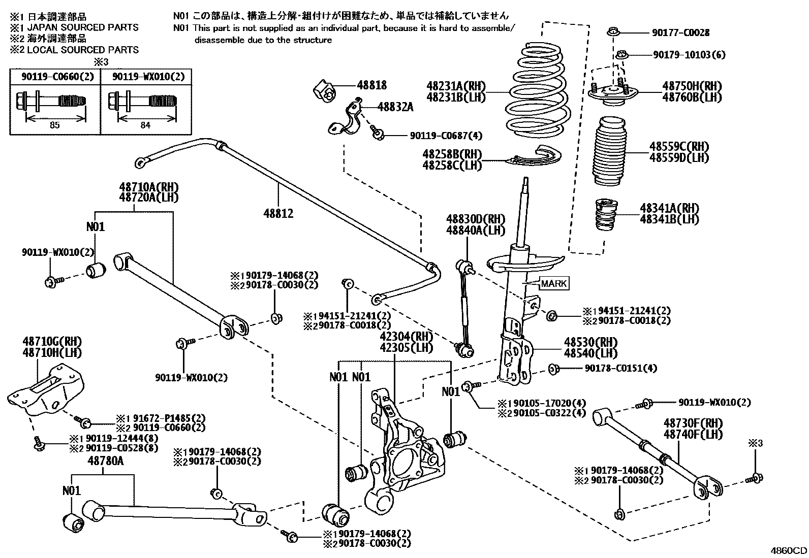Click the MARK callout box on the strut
click(554, 284)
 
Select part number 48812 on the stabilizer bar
click(278, 214)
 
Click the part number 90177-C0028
click(680, 33)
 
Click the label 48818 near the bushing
click(371, 85)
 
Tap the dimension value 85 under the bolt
click(54, 125)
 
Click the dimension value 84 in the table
click(145, 125)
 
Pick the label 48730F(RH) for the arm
click(692, 423)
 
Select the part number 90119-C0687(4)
click(446, 136)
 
